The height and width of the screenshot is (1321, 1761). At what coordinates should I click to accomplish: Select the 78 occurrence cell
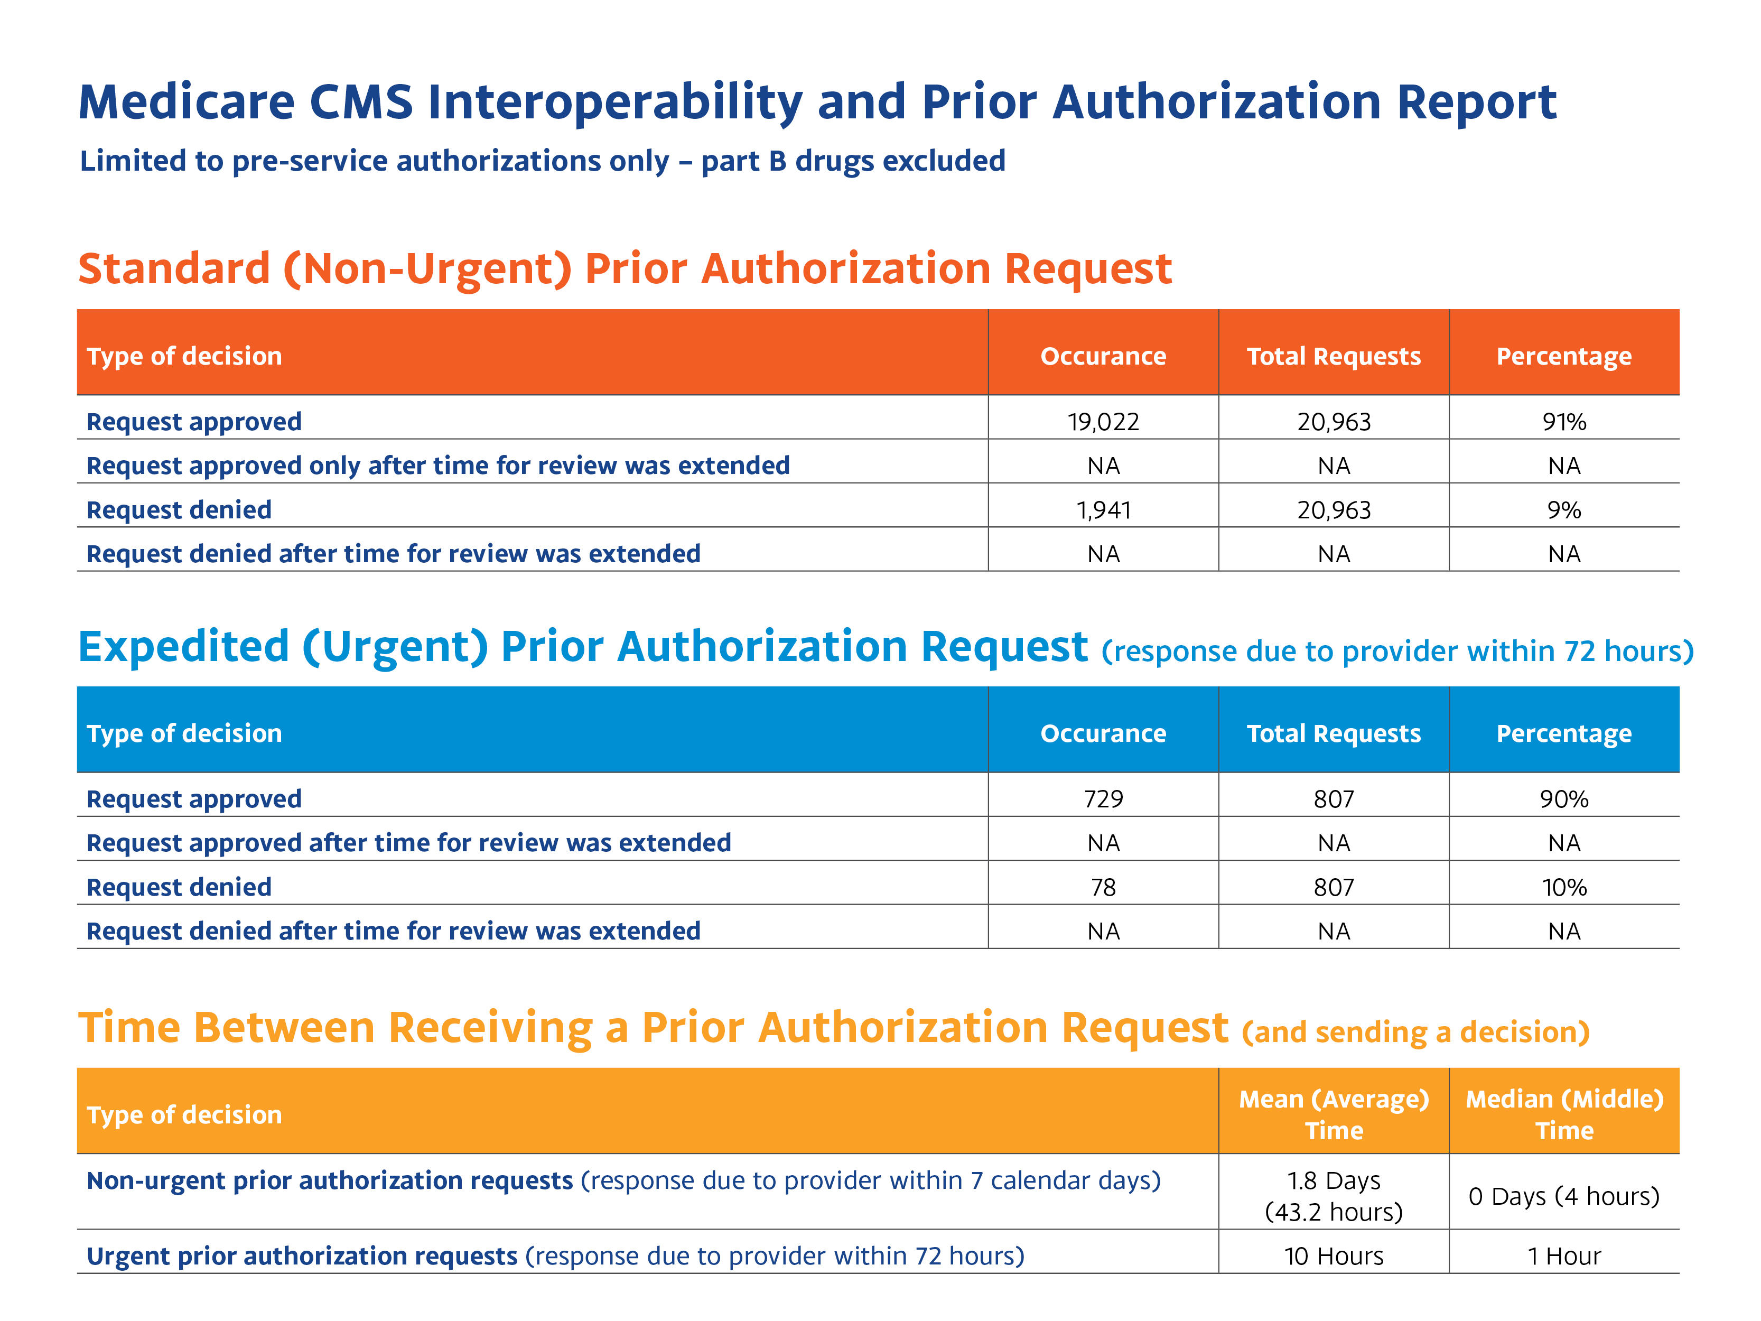1103,887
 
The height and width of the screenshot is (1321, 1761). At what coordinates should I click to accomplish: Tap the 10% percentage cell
1563,887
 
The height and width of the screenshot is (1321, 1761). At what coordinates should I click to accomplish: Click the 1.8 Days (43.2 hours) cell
1334,1195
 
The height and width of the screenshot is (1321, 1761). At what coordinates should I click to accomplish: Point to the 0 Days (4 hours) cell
1563,1196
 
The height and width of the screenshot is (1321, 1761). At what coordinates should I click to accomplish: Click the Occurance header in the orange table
1103,356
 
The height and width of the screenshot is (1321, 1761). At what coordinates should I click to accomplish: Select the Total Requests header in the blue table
1334,733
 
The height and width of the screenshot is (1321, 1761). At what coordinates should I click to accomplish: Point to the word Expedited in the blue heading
183,647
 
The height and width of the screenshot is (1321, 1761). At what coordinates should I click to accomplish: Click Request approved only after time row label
438,466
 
